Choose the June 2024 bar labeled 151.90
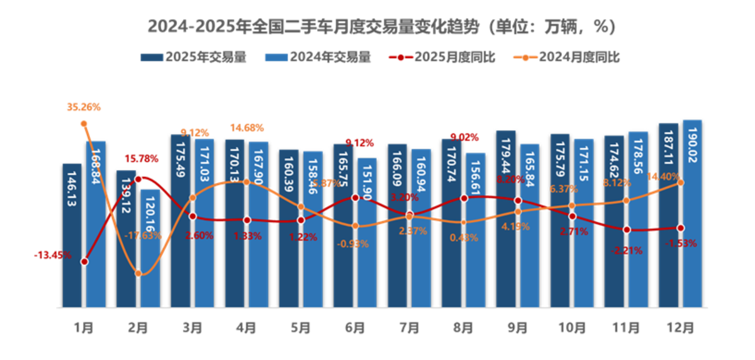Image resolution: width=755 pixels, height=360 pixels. click(x=367, y=232)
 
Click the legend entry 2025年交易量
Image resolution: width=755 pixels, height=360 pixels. click(x=194, y=57)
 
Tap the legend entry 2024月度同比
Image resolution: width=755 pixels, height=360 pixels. click(x=571, y=57)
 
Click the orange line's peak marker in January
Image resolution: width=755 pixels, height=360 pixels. click(x=84, y=123)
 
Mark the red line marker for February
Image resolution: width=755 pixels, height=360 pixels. click(x=138, y=179)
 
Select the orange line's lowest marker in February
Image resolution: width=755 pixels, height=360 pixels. click(x=138, y=273)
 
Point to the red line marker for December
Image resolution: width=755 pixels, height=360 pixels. click(x=680, y=228)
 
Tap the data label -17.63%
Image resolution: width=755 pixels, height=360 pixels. click(x=143, y=235)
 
